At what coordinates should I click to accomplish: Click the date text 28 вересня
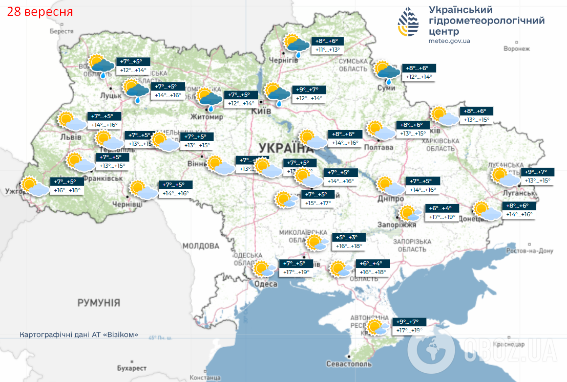[x=40, y=11]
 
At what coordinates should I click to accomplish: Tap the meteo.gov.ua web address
[x=449, y=41]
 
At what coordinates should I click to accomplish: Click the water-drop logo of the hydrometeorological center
[x=408, y=23]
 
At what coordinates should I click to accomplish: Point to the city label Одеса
[x=266, y=284]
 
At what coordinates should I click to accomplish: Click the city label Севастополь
[x=348, y=364]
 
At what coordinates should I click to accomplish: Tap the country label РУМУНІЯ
[x=99, y=303]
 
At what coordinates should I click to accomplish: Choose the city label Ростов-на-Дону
[x=530, y=251]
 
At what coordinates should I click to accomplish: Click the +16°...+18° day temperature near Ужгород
[x=67, y=190]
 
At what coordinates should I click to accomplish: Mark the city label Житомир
[x=207, y=117]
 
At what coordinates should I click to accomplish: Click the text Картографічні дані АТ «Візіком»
[x=79, y=335]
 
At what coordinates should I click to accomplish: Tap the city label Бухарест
[x=131, y=368]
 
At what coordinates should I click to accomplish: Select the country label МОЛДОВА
[x=201, y=246]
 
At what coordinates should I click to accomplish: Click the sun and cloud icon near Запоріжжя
[x=411, y=213]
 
